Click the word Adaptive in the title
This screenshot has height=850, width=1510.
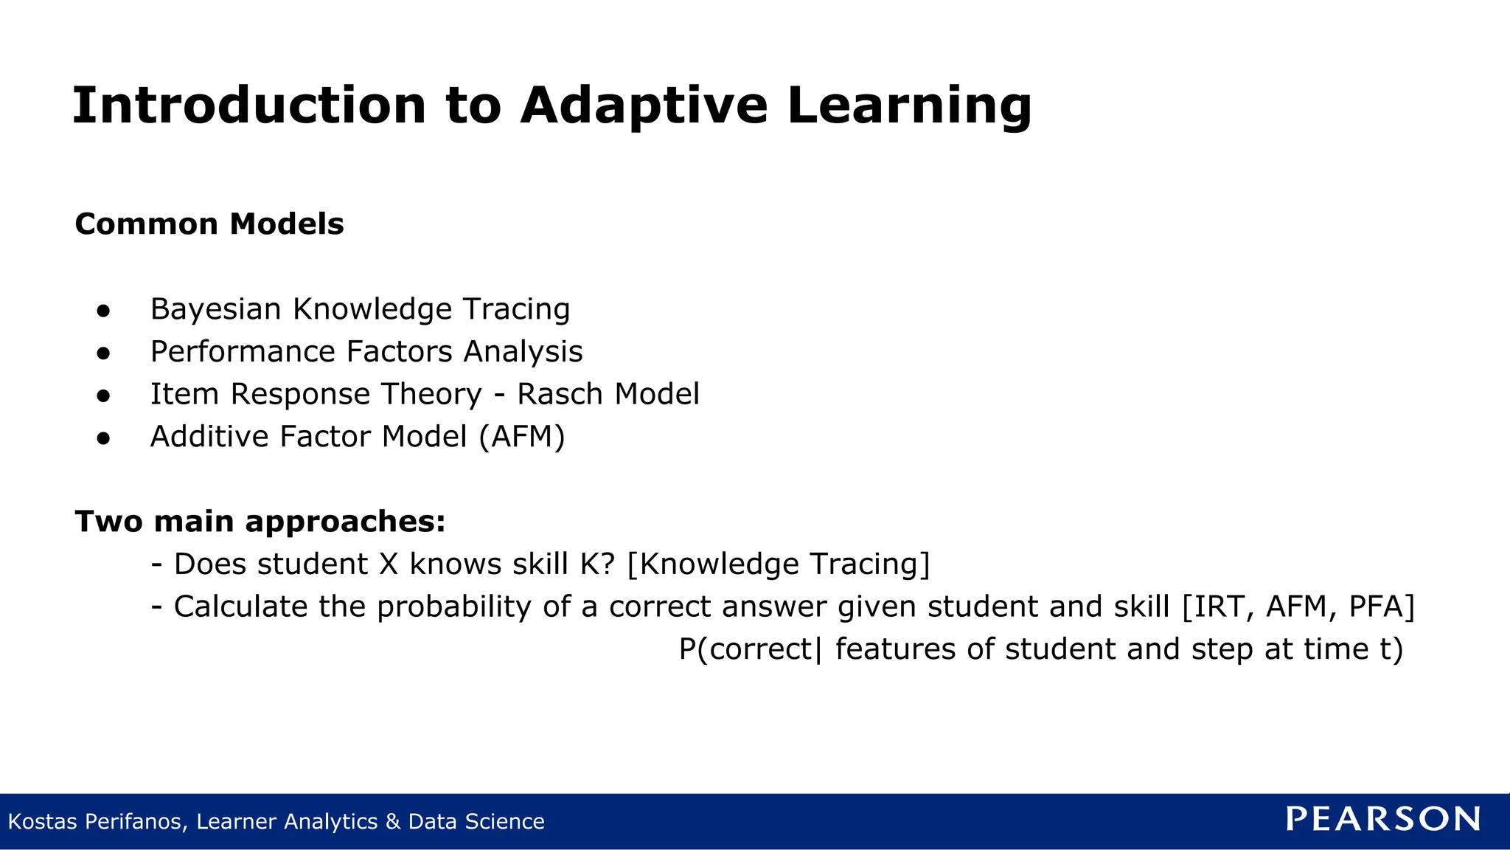(x=643, y=106)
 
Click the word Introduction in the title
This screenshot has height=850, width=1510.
(x=249, y=106)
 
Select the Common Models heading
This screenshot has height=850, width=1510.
(x=209, y=224)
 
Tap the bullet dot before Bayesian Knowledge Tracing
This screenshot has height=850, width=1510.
(x=103, y=311)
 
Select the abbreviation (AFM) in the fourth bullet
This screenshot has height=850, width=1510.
(x=522, y=437)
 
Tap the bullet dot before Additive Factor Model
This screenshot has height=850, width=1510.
(x=103, y=438)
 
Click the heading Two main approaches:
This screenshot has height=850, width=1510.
(x=260, y=522)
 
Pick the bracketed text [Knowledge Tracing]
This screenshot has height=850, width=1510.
(x=779, y=564)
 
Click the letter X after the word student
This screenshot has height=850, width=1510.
(x=389, y=564)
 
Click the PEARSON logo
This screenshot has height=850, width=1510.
(x=1383, y=819)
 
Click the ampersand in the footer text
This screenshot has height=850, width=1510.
(x=392, y=821)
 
